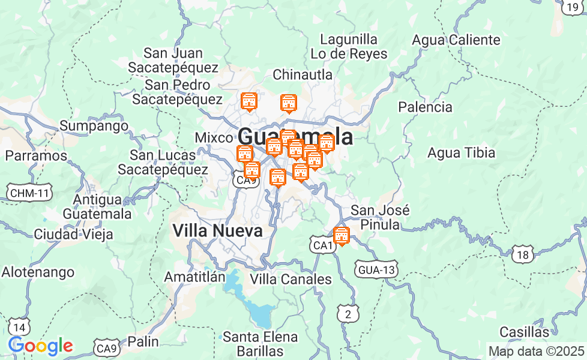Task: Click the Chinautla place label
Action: [x=303, y=75]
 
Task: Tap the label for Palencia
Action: [x=426, y=107]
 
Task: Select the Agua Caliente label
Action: [x=456, y=40]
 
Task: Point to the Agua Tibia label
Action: [x=461, y=153]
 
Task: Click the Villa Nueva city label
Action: [x=217, y=230]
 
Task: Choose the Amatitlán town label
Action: [x=195, y=277]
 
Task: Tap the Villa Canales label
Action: [x=290, y=279]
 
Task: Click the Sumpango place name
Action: [x=94, y=126]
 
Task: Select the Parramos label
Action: [x=36, y=155]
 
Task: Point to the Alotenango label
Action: [x=38, y=272]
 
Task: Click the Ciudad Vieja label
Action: [x=73, y=234]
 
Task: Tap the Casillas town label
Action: [x=524, y=332]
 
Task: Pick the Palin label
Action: [x=143, y=341]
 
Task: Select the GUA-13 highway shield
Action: [x=376, y=269]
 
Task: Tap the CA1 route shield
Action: [x=322, y=245]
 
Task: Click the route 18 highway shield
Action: [x=523, y=255]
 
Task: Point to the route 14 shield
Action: [x=20, y=327]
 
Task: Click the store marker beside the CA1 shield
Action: [x=342, y=235]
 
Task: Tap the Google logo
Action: [x=40, y=346]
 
